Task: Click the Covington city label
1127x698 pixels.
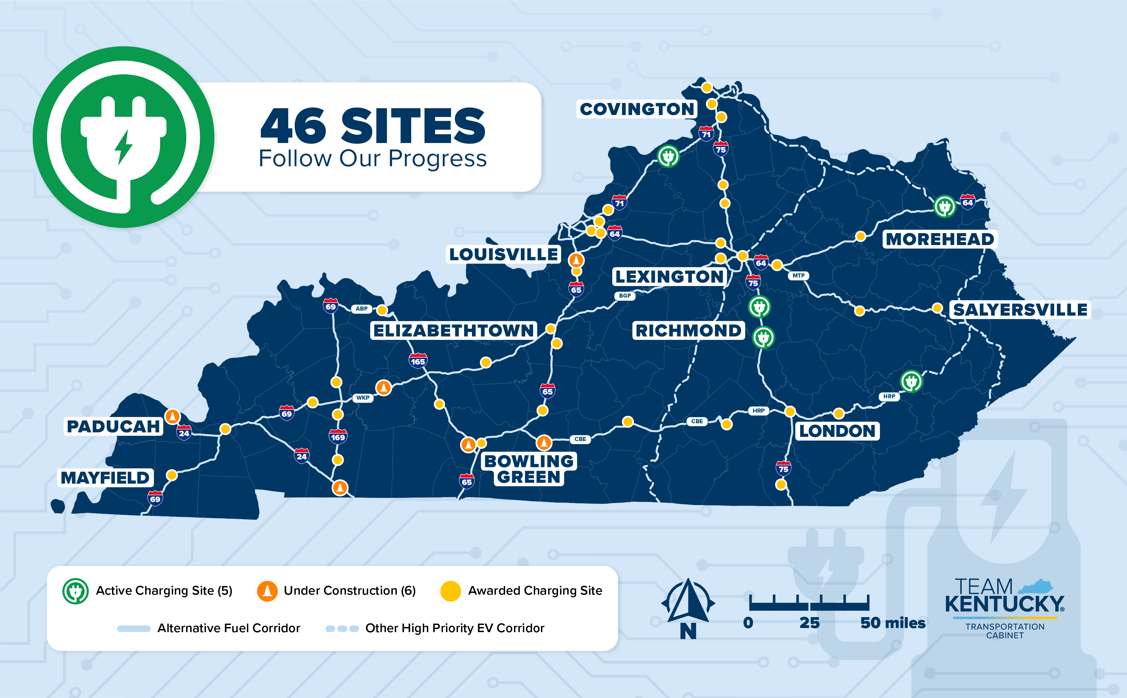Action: click(637, 109)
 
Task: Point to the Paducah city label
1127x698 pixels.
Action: click(113, 426)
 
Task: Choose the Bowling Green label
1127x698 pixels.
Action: click(529, 469)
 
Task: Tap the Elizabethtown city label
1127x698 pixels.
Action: click(454, 330)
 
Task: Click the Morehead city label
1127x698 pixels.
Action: click(940, 239)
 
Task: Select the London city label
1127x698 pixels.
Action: click(837, 431)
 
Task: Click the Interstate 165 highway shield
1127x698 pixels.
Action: click(418, 361)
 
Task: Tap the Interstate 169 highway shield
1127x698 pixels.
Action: click(338, 437)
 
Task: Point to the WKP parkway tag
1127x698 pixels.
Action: click(363, 398)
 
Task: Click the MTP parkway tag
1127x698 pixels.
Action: click(798, 275)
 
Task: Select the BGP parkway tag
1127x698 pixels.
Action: click(625, 296)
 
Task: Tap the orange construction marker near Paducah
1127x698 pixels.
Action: click(172, 416)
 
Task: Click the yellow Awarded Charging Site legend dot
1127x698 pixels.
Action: click(450, 591)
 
